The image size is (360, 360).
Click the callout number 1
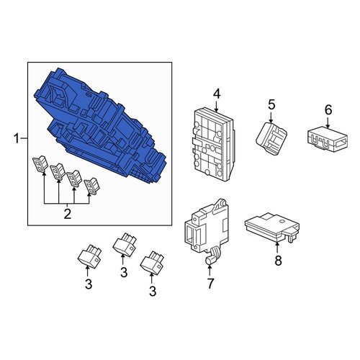coord(17,139)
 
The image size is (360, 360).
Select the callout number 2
coord(68,214)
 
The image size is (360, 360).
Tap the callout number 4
coord(217,94)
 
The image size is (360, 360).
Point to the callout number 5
coord(271,105)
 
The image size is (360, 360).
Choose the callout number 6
coord(328,110)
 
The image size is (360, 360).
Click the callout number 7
coord(210,284)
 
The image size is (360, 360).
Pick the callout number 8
coord(278,261)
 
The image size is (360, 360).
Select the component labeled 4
coord(214,144)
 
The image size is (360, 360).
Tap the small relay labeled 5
coord(271,138)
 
